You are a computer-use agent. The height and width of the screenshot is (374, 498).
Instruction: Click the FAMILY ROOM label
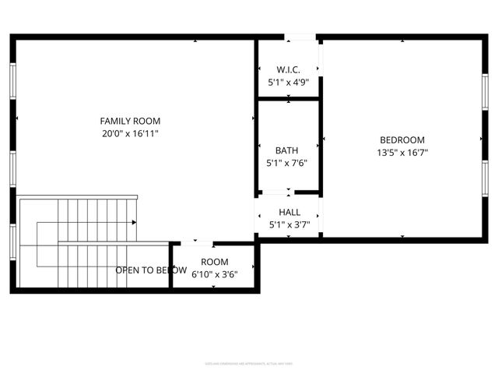[x=130, y=121]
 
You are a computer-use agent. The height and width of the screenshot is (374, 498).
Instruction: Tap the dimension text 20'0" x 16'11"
[x=130, y=133]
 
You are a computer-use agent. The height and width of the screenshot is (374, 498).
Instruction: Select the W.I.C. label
[x=288, y=69]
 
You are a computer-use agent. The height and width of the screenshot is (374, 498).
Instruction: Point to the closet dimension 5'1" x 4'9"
[x=288, y=82]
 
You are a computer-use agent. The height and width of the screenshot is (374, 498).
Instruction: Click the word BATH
[x=286, y=150]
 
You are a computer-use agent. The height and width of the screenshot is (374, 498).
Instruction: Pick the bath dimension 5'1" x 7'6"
[x=287, y=163]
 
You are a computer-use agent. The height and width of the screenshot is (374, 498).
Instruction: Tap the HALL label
[x=289, y=212]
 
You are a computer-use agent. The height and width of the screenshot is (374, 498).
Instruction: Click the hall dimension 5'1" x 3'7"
[x=289, y=224]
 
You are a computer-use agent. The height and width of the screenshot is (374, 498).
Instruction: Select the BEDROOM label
[x=402, y=140]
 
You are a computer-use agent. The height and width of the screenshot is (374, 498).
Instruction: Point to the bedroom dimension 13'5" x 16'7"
[x=402, y=153]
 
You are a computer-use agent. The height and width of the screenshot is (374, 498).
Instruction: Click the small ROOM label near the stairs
[x=215, y=262]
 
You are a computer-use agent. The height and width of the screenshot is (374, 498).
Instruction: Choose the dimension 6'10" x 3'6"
[x=215, y=273]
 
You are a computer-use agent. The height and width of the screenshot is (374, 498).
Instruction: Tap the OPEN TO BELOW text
[x=151, y=270]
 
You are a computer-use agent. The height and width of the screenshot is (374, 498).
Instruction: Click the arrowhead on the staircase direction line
[x=135, y=223]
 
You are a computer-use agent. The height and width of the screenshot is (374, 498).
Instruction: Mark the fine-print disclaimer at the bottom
[x=249, y=362]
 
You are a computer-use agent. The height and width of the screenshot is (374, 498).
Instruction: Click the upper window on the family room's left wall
[x=12, y=81]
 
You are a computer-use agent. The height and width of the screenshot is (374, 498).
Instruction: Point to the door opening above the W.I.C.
[x=300, y=37]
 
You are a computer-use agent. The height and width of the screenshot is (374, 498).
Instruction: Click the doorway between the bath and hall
[x=278, y=191]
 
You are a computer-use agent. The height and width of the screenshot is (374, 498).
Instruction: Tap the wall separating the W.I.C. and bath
[x=288, y=99]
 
